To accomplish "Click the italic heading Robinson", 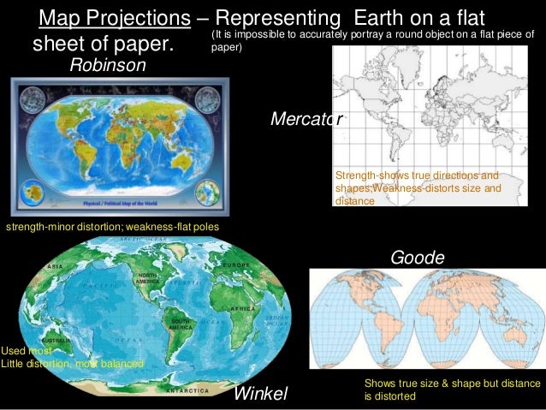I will click(x=108, y=65).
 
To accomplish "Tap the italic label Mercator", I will click(x=306, y=120).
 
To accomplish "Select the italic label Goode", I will click(x=417, y=258).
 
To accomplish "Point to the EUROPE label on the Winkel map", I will click(x=235, y=266).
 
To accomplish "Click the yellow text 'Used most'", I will click(x=27, y=351).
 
